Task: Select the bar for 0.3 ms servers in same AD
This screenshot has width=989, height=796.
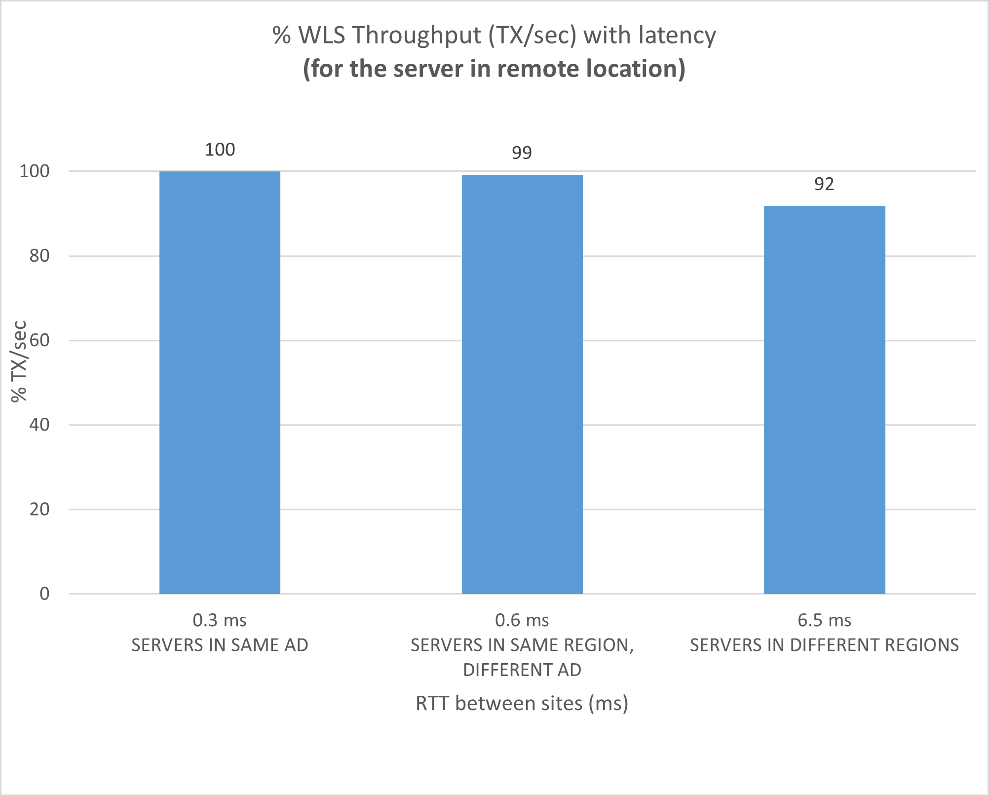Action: click(220, 383)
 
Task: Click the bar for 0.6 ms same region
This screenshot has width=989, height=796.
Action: click(522, 384)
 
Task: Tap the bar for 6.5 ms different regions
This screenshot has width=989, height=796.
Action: click(824, 400)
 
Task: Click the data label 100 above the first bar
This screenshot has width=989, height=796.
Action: click(220, 150)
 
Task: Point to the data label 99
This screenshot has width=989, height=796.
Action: click(522, 153)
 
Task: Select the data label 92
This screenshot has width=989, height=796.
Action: click(824, 184)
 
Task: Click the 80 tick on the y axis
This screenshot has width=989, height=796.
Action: click(39, 256)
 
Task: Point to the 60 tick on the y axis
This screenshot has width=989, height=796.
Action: click(39, 340)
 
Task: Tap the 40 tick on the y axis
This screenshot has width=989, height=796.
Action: click(39, 425)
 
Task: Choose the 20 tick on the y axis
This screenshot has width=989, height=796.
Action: click(39, 509)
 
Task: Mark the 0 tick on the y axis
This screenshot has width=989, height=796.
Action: click(44, 594)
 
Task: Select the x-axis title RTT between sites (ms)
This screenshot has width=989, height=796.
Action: click(522, 703)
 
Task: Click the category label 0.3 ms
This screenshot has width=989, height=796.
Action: click(220, 620)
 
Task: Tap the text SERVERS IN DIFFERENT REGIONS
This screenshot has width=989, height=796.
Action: click(824, 645)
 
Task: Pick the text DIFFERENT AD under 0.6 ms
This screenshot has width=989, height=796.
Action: click(522, 670)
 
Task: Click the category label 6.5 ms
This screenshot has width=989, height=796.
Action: click(824, 620)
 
